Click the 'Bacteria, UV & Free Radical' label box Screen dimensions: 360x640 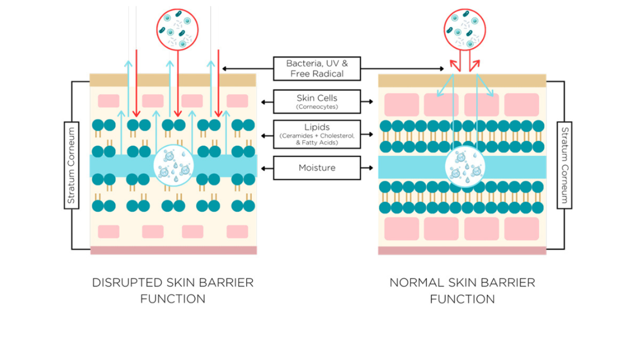317,69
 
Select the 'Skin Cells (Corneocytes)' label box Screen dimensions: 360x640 317,101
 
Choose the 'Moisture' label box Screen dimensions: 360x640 317,168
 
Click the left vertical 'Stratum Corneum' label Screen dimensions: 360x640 71,165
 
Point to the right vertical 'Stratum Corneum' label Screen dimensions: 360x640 564,165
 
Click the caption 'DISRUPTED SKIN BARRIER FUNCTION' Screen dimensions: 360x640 173,290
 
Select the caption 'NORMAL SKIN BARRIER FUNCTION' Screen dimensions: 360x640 462,290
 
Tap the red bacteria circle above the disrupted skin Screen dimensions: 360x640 178,29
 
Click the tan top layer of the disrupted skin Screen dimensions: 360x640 173,80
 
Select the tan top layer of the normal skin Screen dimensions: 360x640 462,80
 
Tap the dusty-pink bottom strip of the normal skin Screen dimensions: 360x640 462,251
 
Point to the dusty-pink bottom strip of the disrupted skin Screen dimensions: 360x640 173,251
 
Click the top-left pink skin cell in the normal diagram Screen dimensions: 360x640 402,105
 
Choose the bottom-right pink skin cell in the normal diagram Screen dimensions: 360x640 522,229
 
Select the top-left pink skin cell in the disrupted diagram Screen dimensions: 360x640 109,101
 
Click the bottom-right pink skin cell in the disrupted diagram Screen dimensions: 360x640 237,231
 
